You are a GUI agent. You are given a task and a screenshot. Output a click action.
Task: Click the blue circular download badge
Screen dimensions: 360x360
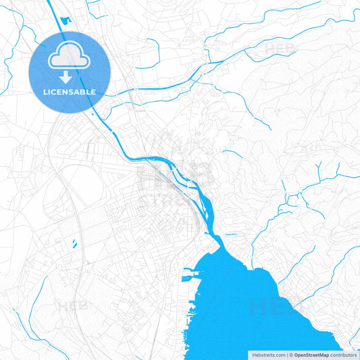(69, 72)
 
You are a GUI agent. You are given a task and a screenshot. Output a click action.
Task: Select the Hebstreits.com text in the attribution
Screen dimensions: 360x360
(269, 355)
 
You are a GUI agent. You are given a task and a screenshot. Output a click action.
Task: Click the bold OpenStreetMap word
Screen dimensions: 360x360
(317, 355)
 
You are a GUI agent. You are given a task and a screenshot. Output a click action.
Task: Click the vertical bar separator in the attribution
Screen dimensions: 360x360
(288, 355)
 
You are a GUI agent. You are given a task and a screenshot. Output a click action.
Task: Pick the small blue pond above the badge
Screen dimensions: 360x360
(64, 20)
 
